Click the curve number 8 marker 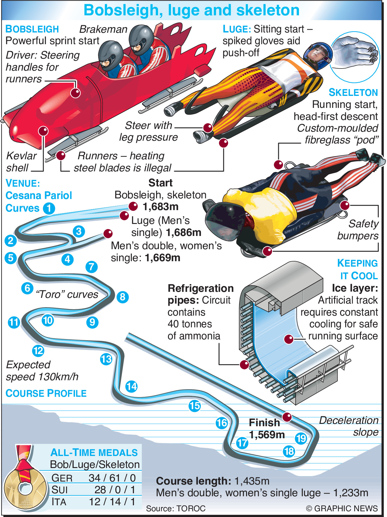[x=123, y=297]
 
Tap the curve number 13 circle [x=106, y=359]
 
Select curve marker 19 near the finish [x=301, y=439]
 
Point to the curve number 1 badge [x=49, y=208]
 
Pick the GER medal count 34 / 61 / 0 [x=112, y=478]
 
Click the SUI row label [x=59, y=490]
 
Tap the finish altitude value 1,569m [x=267, y=435]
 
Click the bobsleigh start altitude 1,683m [x=160, y=207]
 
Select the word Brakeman [x=103, y=29]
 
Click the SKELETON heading [x=353, y=93]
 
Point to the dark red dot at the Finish [x=287, y=417]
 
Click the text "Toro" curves [x=67, y=294]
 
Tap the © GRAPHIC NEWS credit [x=342, y=508]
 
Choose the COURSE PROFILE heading [x=46, y=393]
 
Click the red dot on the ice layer [x=289, y=339]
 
